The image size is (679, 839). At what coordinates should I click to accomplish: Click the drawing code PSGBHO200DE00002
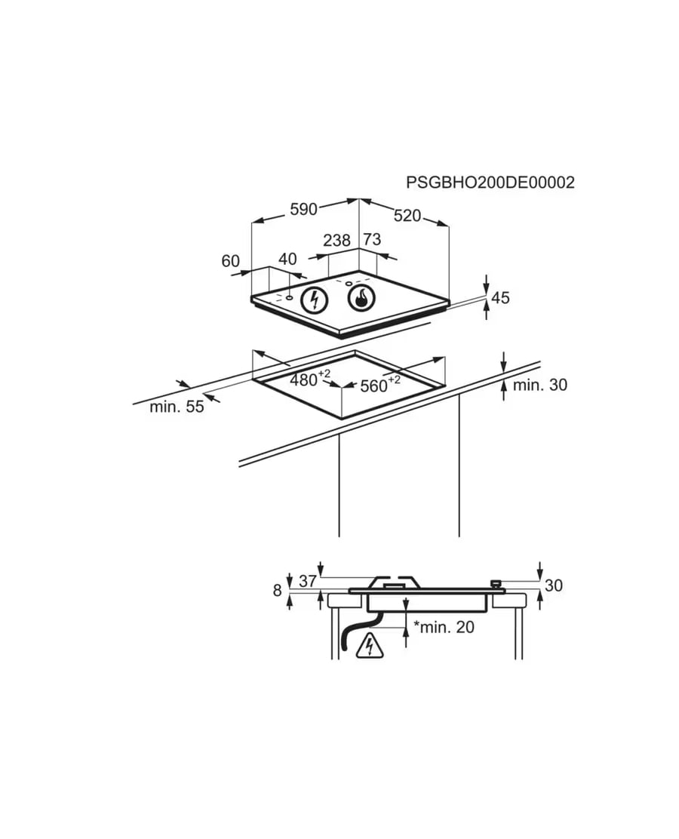(x=490, y=183)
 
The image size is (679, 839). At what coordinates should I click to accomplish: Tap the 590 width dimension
(x=303, y=209)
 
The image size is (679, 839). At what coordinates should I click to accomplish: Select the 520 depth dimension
(x=407, y=216)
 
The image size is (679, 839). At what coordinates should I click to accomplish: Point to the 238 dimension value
(x=336, y=240)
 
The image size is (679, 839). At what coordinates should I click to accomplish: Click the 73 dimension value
(x=372, y=239)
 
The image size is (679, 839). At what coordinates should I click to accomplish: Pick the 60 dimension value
(x=231, y=261)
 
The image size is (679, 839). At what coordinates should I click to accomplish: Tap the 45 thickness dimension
(x=500, y=298)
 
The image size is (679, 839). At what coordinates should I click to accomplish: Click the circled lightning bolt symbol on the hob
(x=315, y=300)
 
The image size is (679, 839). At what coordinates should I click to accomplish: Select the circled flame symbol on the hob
(x=361, y=298)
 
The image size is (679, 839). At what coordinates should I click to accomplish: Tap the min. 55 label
(x=177, y=407)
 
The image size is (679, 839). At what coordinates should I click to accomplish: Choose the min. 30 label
(x=540, y=385)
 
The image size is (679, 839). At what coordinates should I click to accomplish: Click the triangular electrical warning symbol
(x=370, y=646)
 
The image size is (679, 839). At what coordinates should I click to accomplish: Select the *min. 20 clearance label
(x=444, y=626)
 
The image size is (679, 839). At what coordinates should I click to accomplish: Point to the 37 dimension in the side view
(x=308, y=580)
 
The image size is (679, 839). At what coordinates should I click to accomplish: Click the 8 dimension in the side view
(x=277, y=590)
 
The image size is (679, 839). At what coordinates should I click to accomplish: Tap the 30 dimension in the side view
(x=554, y=585)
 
